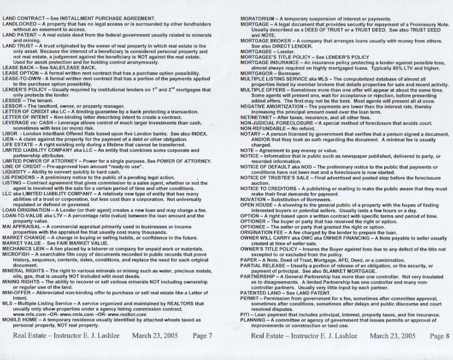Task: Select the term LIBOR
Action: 9,133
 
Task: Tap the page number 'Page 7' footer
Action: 203,336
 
